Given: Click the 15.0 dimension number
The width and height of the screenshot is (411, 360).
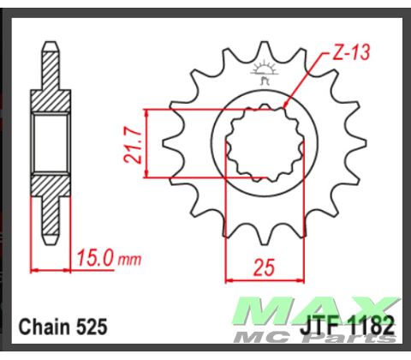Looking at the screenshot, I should coord(93,257).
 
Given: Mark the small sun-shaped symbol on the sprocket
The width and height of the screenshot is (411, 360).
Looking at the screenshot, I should coord(263,68).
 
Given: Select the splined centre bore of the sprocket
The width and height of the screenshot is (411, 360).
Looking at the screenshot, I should coord(263,143).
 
